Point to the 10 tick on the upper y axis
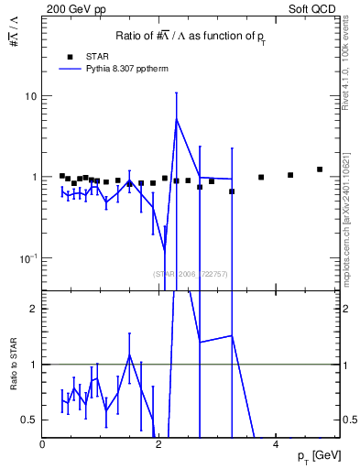click(x=31, y=96)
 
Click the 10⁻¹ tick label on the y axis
click(x=29, y=257)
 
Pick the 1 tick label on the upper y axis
click(x=34, y=177)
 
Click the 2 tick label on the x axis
click(x=158, y=444)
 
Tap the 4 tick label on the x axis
click(x=275, y=444)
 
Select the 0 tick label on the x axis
click(x=42, y=444)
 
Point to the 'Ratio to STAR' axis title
click(x=12, y=364)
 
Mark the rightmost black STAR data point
click(x=320, y=169)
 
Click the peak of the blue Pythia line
click(x=176, y=119)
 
